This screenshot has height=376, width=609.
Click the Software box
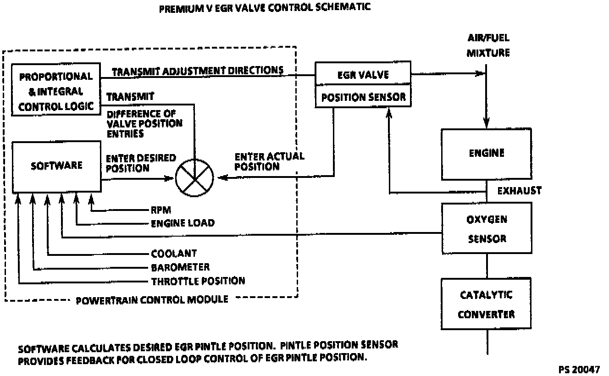pyautogui.click(x=56, y=166)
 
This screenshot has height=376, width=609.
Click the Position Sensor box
pyautogui.click(x=363, y=97)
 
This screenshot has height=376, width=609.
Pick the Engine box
pyautogui.click(x=486, y=153)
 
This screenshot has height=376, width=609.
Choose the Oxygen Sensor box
pyautogui.click(x=487, y=228)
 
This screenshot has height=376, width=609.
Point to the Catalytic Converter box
pyautogui.click(x=486, y=305)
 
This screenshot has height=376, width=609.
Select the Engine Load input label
pyautogui.click(x=183, y=223)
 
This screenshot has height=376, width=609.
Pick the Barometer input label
pyautogui.click(x=180, y=267)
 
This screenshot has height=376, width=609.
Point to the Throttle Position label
pyautogui.click(x=198, y=281)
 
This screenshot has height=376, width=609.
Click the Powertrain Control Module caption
pyautogui.click(x=152, y=300)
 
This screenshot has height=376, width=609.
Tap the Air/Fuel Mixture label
pyautogui.click(x=488, y=45)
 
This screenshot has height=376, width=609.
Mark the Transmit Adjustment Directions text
pyautogui.click(x=197, y=71)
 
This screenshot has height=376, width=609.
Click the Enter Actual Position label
pyautogui.click(x=269, y=161)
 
